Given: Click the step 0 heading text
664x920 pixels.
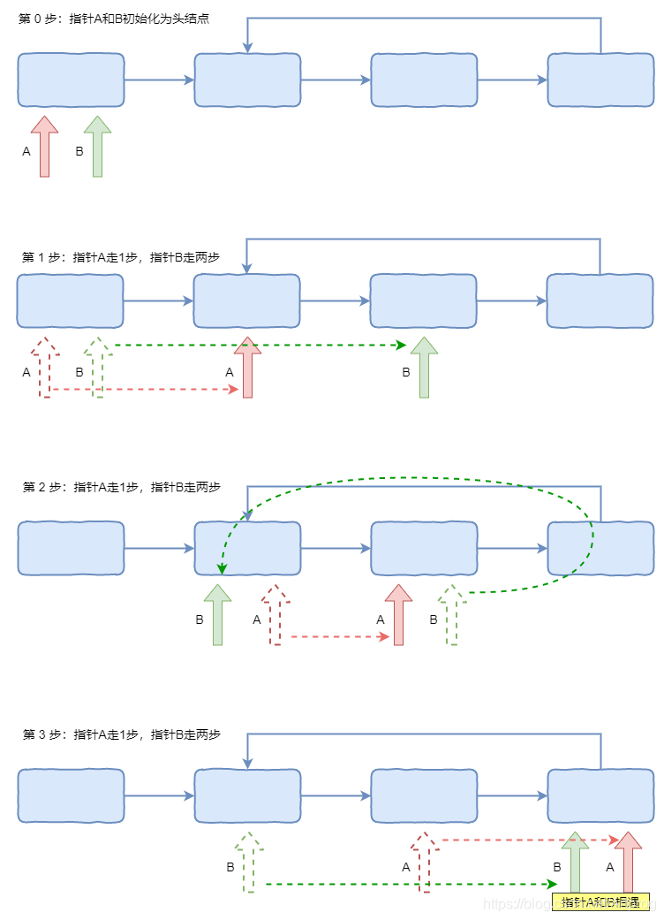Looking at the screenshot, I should [114, 19].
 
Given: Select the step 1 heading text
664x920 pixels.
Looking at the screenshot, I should [120, 257].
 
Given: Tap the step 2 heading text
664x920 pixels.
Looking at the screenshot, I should [120, 487].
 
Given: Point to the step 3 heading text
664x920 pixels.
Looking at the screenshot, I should [120, 734].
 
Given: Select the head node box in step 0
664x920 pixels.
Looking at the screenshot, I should [71, 80].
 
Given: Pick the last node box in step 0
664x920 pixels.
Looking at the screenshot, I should [600, 80].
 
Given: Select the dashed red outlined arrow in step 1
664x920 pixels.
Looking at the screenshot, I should [45, 367].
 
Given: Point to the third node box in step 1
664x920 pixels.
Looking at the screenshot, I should [424, 300].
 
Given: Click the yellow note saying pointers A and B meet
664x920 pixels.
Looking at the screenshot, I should [600, 901].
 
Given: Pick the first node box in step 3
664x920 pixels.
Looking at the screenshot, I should [71, 795].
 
